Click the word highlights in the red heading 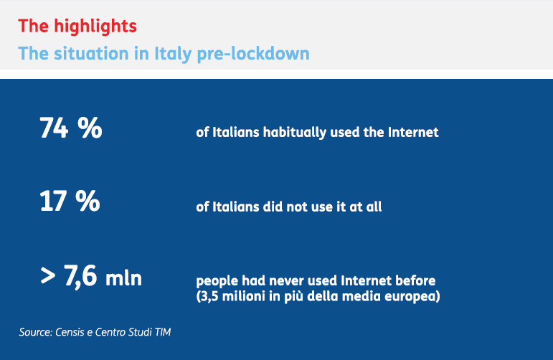(x=95, y=27)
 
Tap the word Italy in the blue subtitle (x=173, y=54)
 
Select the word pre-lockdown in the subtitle (x=253, y=54)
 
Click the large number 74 (x=54, y=128)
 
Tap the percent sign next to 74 (x=90, y=128)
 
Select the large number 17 (x=53, y=201)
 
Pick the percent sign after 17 (x=88, y=201)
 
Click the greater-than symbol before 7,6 (x=48, y=275)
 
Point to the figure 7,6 (x=80, y=275)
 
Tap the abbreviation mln (x=123, y=278)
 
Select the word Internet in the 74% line (x=413, y=132)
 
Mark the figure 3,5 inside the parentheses (x=209, y=296)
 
